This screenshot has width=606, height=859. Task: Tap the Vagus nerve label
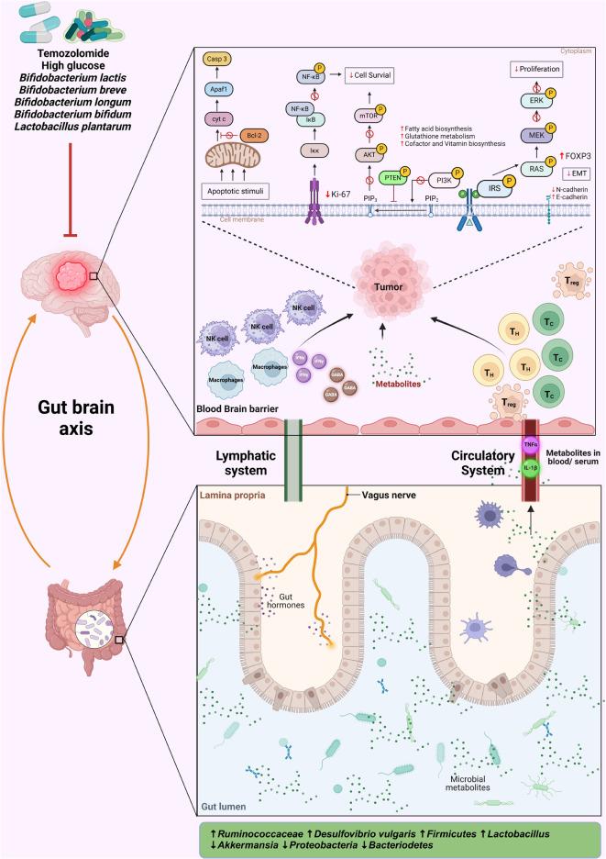[x=379, y=495]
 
